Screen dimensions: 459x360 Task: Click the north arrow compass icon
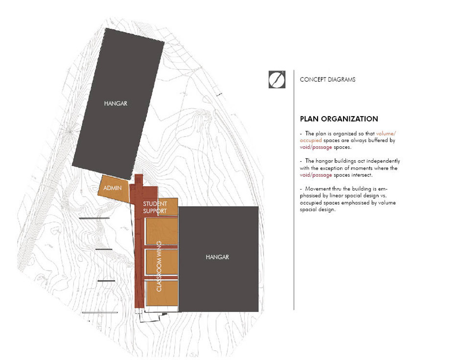click(x=277, y=79)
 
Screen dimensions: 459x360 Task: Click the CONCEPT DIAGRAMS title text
click(x=327, y=80)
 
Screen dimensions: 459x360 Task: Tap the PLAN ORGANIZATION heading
click(x=339, y=119)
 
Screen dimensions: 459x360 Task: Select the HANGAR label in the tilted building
click(x=115, y=103)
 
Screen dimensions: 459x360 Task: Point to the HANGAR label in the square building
click(x=217, y=257)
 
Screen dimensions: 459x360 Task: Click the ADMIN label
click(x=113, y=188)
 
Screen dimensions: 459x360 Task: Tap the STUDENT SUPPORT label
click(x=155, y=207)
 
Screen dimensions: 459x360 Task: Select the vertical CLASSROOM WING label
click(x=159, y=266)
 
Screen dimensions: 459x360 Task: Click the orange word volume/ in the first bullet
click(x=386, y=134)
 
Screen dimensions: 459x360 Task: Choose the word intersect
click(x=362, y=175)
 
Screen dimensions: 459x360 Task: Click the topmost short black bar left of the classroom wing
click(x=94, y=218)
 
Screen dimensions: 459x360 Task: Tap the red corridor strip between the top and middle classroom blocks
click(x=161, y=247)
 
